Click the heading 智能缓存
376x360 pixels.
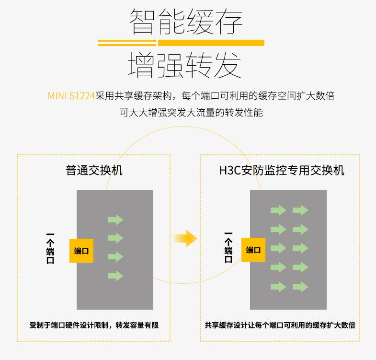(186, 21)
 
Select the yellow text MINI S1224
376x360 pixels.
(71, 96)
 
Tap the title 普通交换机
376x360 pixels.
(94, 170)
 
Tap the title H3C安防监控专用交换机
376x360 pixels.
(282, 170)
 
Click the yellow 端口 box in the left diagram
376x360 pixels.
(81, 251)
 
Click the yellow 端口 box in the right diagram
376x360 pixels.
(253, 250)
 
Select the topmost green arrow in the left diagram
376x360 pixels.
(115, 220)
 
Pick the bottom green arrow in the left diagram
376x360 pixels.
(115, 276)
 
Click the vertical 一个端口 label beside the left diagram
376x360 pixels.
(50, 248)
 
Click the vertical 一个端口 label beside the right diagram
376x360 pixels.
(228, 247)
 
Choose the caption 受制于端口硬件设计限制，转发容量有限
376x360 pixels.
(94, 325)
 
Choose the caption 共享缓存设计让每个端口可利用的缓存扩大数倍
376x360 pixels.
(280, 325)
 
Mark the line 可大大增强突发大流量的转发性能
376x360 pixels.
(191, 113)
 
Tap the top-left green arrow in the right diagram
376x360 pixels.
(278, 210)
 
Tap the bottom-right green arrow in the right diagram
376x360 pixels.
(300, 287)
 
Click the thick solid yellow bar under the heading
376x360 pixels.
(211, 43)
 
